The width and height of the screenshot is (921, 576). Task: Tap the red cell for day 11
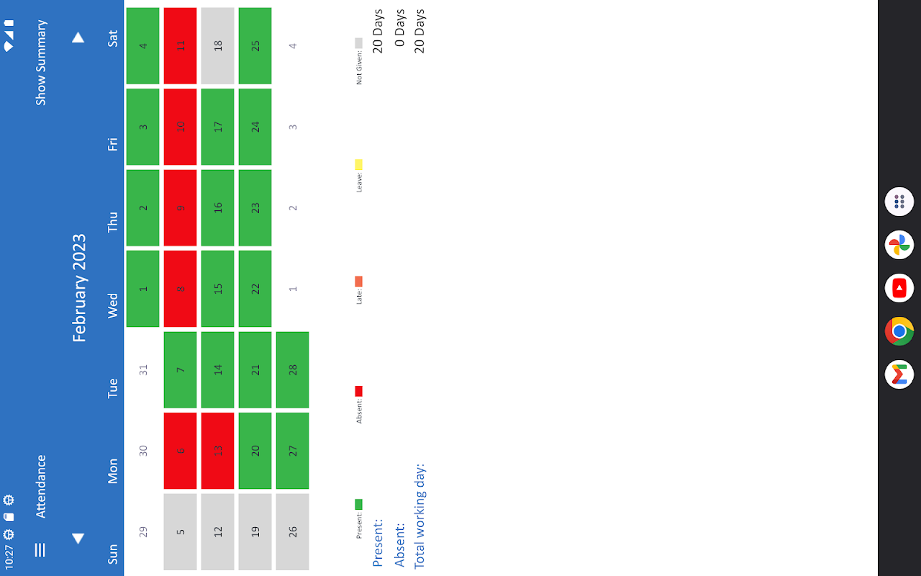180,45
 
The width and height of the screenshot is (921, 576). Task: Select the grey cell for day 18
217,45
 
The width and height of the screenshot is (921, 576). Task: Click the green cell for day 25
255,45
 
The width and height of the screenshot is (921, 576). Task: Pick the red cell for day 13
217,451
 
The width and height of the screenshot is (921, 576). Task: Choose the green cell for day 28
292,369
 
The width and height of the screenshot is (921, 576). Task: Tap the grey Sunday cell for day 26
292,531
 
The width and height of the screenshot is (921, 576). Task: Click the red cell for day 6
180,451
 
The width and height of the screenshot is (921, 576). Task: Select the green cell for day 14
217,369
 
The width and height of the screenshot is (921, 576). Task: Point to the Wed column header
113,305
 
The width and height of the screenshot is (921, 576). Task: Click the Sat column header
113,38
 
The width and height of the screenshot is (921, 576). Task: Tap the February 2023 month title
79,288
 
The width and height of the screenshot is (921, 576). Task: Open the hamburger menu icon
40,550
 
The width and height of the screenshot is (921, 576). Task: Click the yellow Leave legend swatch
358,164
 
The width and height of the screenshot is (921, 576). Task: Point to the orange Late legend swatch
358,282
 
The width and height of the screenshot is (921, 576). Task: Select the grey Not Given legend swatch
358,43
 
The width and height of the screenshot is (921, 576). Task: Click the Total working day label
419,516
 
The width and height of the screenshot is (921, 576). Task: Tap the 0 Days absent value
400,31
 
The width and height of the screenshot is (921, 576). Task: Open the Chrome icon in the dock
899,331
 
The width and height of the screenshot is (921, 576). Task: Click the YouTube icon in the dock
899,288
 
